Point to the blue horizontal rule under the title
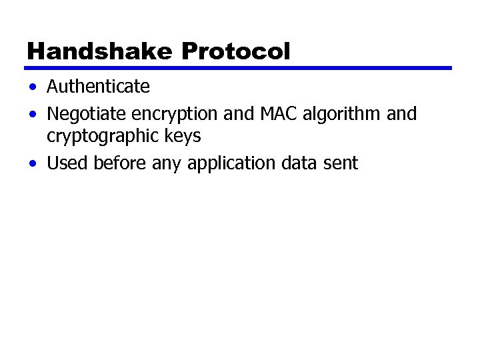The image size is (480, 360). (238, 68)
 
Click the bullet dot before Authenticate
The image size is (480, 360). (33, 87)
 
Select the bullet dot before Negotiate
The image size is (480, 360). (33, 115)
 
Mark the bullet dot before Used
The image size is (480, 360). (33, 163)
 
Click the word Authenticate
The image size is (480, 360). (98, 87)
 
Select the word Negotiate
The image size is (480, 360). (81, 114)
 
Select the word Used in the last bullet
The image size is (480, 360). (67, 163)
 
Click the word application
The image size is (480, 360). (231, 164)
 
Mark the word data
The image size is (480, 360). (298, 163)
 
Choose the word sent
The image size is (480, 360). (341, 163)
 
